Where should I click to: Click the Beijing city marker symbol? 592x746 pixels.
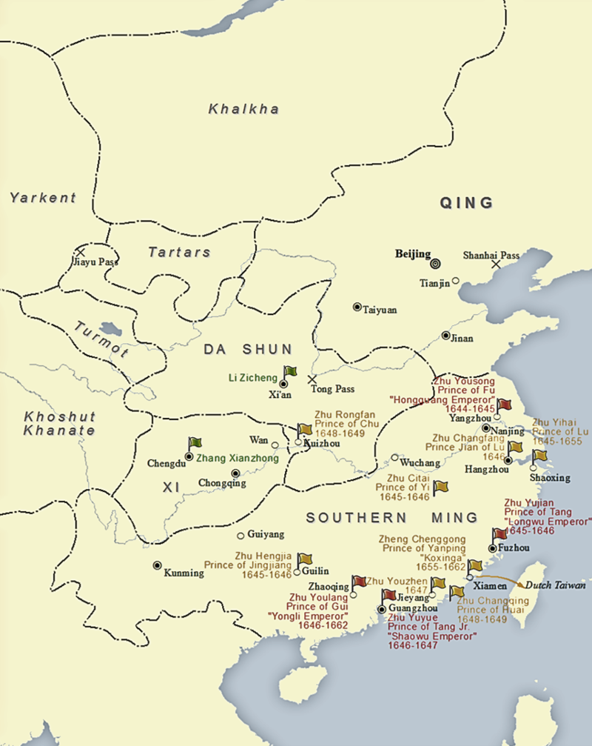coord(435,262)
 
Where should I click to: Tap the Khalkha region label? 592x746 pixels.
coord(243,110)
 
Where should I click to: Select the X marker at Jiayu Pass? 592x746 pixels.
coord(81,253)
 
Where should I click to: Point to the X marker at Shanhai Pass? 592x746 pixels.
coord(496,264)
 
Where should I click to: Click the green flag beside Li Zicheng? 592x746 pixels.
coord(290,372)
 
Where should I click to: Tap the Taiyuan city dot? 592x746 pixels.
coord(357,307)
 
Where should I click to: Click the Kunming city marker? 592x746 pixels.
coord(157,565)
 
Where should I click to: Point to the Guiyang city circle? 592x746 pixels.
coord(240,536)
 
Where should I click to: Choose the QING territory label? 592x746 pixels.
coord(466,203)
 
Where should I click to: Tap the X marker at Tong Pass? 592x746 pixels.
coord(312,379)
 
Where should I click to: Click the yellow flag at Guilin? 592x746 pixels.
coord(304,560)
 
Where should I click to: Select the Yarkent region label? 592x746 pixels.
coord(43,198)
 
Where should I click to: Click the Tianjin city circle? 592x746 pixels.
coord(456,281)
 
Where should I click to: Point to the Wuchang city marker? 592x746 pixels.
coord(395,458)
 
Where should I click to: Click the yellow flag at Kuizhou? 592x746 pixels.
coord(304,431)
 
